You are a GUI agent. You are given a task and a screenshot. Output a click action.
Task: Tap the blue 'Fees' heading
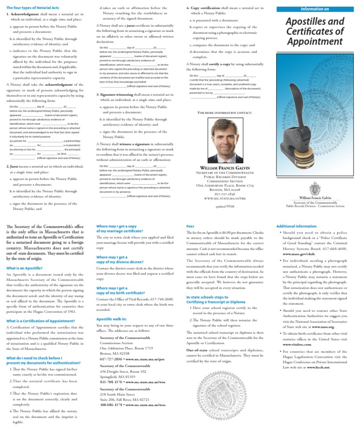[190, 226]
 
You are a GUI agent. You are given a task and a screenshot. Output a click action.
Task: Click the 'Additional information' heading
[296, 226]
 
